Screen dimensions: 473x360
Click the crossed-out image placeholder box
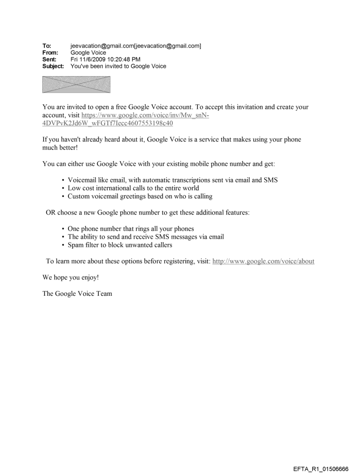click(x=76, y=85)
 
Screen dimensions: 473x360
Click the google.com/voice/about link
click(x=263, y=261)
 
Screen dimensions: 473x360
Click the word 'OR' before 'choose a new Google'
click(x=51, y=212)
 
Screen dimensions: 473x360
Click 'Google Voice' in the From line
click(x=88, y=53)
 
